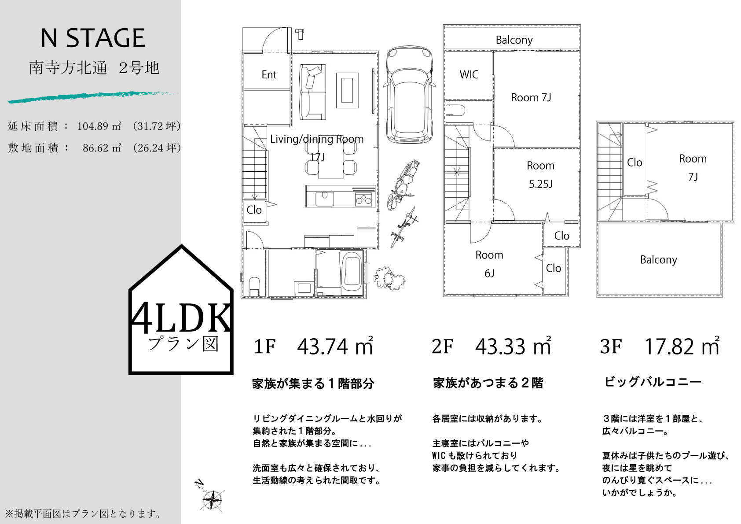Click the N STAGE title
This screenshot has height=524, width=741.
coord(92,38)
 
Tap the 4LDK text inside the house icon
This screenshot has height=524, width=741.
coord(181,318)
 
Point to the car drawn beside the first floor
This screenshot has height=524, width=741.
coord(410,94)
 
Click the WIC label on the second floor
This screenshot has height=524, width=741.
coord(469,74)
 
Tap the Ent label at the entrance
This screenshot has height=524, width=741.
coord(268,74)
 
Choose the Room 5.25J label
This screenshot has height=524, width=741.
coord(540,174)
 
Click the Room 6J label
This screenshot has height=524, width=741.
coord(489,264)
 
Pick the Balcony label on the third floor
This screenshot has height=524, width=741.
coord(658,260)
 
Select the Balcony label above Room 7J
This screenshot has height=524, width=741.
coord(514,40)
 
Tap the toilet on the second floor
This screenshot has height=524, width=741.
coord(455,110)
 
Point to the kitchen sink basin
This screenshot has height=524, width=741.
coord(325,199)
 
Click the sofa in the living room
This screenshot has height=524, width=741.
coord(312,92)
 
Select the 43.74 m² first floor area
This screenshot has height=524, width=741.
coord(335,346)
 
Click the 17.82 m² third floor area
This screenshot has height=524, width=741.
coord(682,346)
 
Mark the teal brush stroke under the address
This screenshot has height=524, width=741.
coord(92,97)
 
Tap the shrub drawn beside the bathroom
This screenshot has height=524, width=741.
coord(389,278)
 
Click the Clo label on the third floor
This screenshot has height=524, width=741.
coord(634,162)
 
